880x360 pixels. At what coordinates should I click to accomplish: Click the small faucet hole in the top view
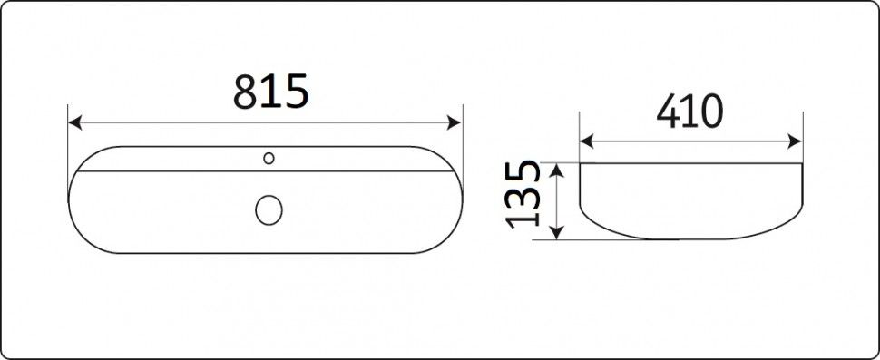point(268,159)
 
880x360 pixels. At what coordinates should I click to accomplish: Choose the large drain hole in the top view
point(269,209)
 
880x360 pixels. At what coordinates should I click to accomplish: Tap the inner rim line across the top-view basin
point(181,170)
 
